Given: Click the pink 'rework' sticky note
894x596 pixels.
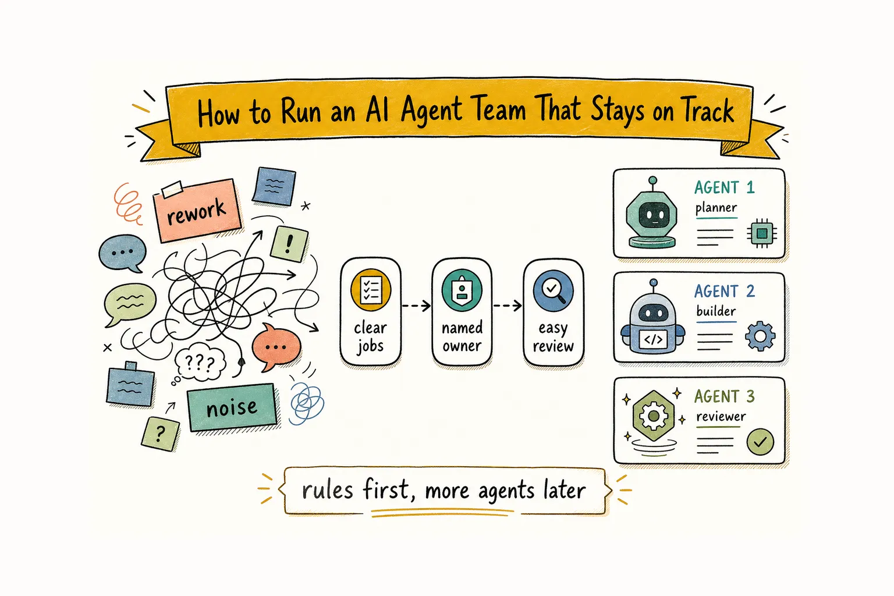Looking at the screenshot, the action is pos(197,210).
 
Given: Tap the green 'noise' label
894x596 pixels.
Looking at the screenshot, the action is pos(232,407).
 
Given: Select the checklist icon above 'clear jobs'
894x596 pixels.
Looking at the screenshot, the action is pos(371,290).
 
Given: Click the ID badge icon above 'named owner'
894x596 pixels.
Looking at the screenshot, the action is pos(462,290).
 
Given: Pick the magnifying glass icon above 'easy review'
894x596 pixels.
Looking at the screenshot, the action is pos(553,290).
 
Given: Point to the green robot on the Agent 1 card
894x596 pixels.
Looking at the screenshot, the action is pos(652,213).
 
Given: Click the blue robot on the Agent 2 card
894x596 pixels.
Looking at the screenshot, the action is pos(653,317).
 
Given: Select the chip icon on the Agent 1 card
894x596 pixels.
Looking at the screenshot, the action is pos(761,233).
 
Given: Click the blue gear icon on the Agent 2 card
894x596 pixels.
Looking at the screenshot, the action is pos(760,336).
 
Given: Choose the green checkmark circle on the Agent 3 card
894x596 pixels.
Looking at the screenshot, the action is pos(760,442).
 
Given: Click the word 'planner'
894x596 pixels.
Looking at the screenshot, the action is pos(716,208).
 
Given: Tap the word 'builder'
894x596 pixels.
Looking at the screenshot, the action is pos(716,311).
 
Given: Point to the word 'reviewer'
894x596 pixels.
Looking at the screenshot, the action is pos(721,417).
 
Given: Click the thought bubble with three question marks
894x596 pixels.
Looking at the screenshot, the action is pos(200,363).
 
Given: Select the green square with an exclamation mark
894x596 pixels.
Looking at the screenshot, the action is pos(289,244).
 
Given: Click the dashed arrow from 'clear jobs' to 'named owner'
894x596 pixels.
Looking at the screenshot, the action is pos(416,306).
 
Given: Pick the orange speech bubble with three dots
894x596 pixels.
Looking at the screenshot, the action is pos(276,346).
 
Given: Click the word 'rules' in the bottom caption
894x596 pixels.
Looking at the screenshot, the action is pos(327,491).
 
